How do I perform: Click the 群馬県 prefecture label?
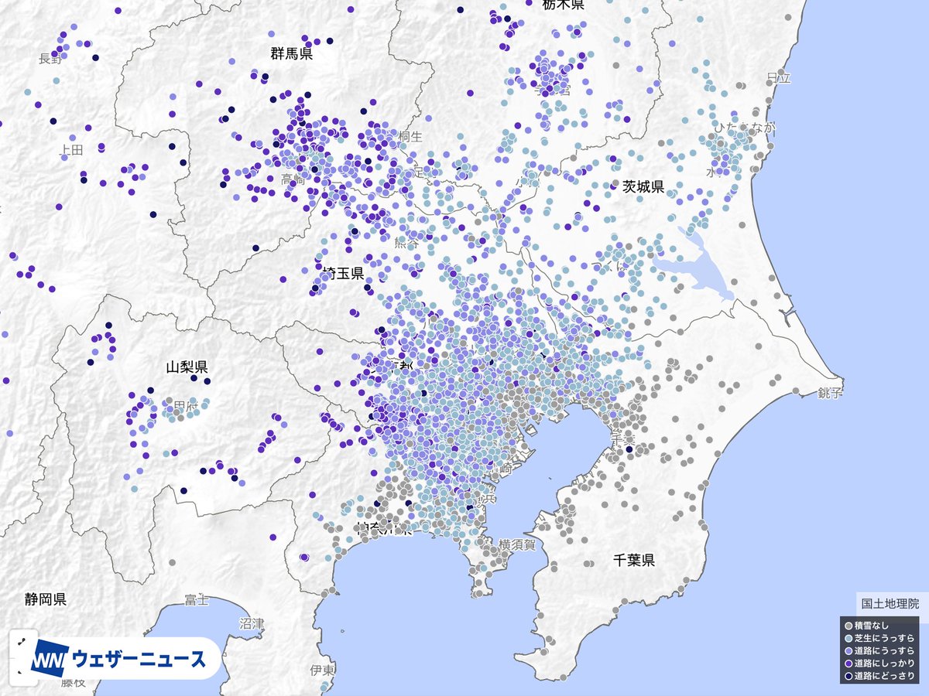[292, 53]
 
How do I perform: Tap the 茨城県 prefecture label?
[643, 186]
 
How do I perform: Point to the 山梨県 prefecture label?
[187, 367]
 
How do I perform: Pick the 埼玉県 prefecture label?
[344, 273]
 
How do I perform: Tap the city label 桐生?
[410, 137]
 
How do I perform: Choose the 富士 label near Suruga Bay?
[197, 600]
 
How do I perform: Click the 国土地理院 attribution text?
[890, 604]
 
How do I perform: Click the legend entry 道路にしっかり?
[883, 664]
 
